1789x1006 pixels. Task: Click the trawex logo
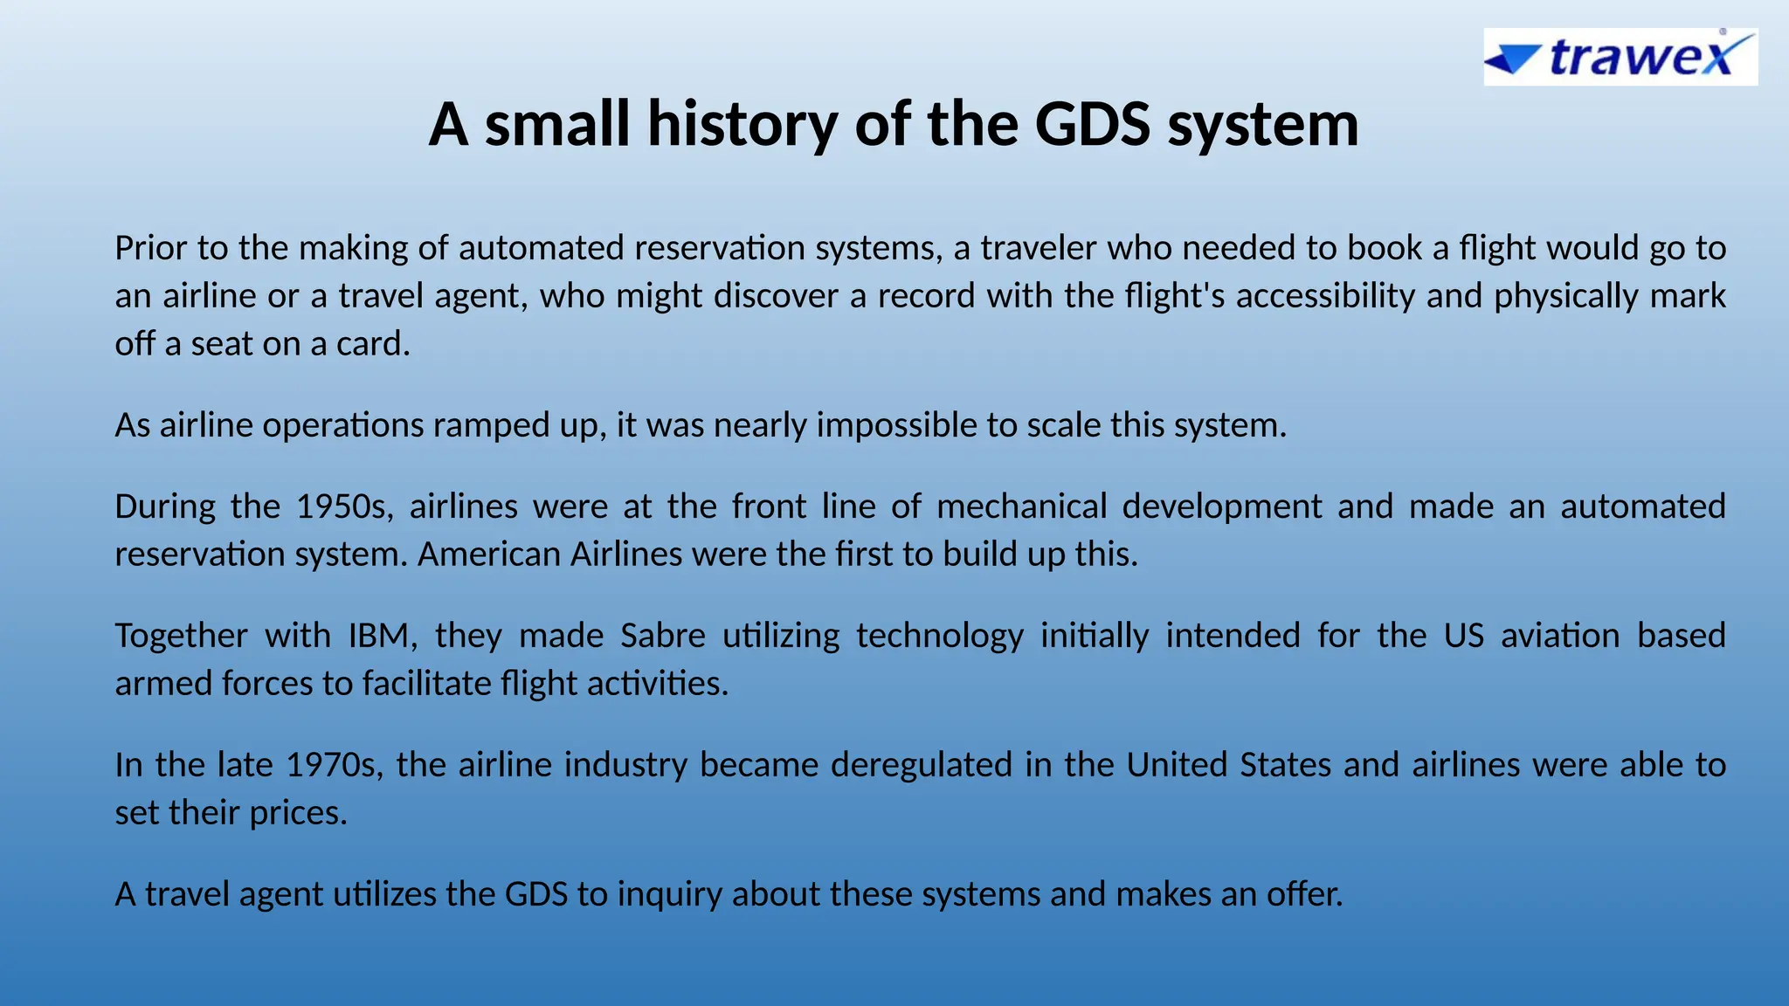(x=1620, y=58)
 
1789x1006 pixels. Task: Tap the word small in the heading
(x=557, y=124)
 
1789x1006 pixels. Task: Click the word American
(x=488, y=555)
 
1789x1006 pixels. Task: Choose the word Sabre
(x=662, y=636)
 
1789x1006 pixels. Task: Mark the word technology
(x=939, y=636)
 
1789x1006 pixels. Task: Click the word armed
(x=163, y=684)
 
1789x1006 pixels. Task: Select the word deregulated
(x=921, y=765)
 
